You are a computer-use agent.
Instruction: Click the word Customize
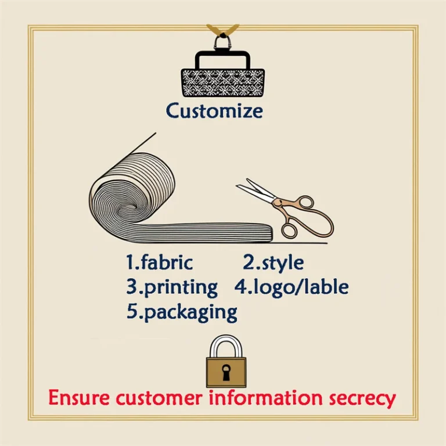[x=214, y=111]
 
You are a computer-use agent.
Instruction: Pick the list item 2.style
[x=273, y=263]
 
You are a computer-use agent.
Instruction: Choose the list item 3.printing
[x=172, y=287]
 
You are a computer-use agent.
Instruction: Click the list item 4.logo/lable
[x=292, y=287]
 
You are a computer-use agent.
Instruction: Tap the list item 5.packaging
[x=181, y=312]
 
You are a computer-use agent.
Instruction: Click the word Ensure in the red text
[x=79, y=397]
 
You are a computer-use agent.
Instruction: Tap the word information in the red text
[x=265, y=397]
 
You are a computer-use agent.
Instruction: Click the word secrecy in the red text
[x=362, y=399]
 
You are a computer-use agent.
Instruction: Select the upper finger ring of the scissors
[x=305, y=203]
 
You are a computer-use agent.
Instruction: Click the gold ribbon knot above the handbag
[x=222, y=31]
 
